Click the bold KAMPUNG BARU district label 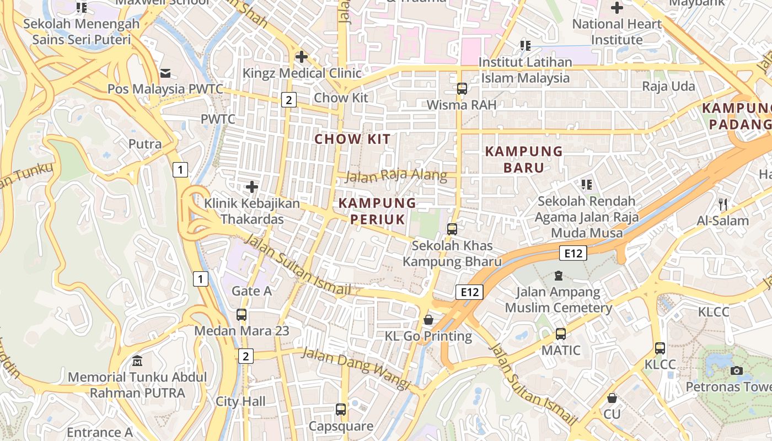pos(524,159)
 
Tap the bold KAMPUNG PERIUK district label pos(377,211)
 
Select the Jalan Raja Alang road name pos(396,175)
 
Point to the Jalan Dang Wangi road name pos(356,369)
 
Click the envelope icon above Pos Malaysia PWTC pos(165,73)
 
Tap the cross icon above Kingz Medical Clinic pos(301,57)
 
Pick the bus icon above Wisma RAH pos(462,88)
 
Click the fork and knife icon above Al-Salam pos(723,205)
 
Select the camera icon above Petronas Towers pos(737,370)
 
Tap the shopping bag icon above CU pos(612,398)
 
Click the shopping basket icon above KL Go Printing pos(428,320)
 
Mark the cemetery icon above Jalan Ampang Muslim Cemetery pos(559,275)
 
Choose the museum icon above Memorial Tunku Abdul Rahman pos(137,361)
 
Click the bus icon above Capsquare pos(341,410)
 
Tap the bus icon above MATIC pos(561,334)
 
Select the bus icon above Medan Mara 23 pos(242,315)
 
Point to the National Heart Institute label pos(616,32)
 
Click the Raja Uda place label pos(668,87)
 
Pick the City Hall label pos(240,401)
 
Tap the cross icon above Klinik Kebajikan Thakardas pos(252,187)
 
